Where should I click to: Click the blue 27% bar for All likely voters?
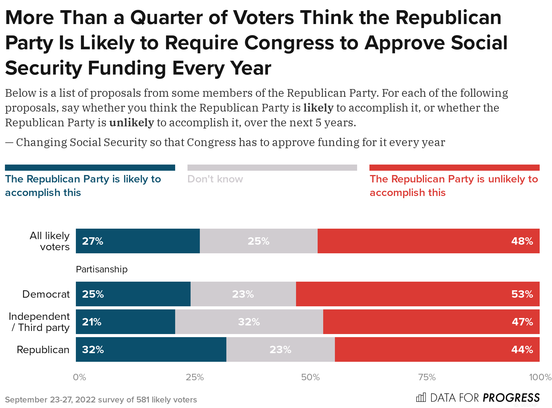pos(138,241)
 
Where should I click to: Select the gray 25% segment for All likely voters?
pos(258,241)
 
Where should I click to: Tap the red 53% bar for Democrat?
pos(418,294)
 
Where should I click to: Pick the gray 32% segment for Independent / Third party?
pos(249,322)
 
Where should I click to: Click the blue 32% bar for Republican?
pos(151,349)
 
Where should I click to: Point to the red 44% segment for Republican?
pos(437,349)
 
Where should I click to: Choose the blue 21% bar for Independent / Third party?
pos(125,322)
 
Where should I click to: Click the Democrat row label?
pos(46,294)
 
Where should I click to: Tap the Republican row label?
pos(43,350)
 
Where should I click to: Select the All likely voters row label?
pos(50,241)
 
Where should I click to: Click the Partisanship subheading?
pos(101,269)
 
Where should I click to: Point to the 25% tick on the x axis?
pos(195,377)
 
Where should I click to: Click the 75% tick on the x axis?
pos(427,377)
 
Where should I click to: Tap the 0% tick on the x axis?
pos(79,377)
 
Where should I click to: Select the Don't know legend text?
pos(215,179)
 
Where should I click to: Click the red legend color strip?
pos(454,168)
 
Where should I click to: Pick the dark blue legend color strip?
pos(90,168)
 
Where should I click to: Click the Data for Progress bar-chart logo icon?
pos(421,398)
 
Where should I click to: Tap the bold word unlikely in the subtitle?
pos(131,123)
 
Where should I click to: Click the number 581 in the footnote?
pos(143,400)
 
